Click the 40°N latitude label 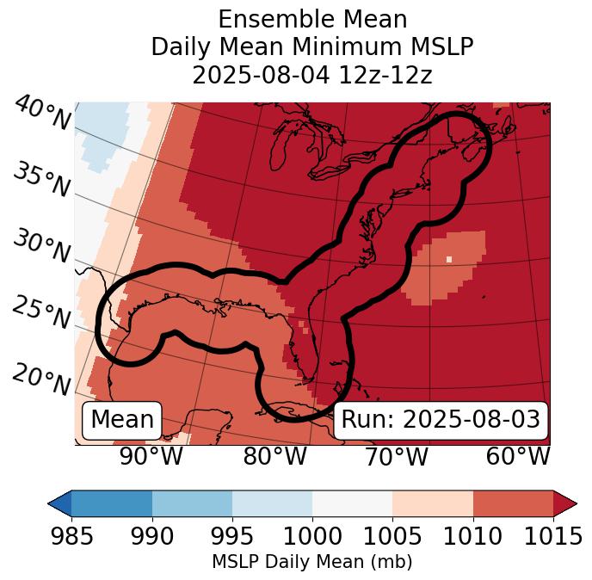pyautogui.click(x=41, y=114)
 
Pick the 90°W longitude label pyautogui.click(x=151, y=456)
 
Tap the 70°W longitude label pyautogui.click(x=396, y=456)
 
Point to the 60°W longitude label pyautogui.click(x=518, y=456)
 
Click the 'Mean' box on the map pyautogui.click(x=122, y=420)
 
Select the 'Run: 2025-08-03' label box pyautogui.click(x=441, y=420)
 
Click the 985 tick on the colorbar pyautogui.click(x=72, y=537)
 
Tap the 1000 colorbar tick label pyautogui.click(x=313, y=537)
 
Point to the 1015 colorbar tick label pyautogui.click(x=553, y=537)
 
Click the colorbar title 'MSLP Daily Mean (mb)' pyautogui.click(x=311, y=563)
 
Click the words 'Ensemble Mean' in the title pyautogui.click(x=311, y=20)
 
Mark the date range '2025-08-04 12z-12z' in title pyautogui.click(x=311, y=75)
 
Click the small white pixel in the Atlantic pyautogui.click(x=449, y=258)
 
